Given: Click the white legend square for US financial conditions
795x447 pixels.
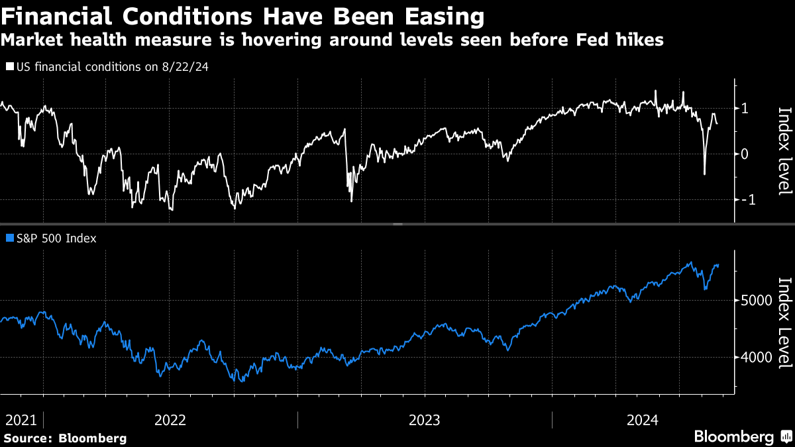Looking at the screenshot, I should click(x=9, y=67).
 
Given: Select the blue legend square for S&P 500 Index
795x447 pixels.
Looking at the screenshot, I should click(x=9, y=238).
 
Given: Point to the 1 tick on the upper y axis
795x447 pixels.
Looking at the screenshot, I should click(x=745, y=108).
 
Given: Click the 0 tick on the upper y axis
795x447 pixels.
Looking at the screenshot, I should click(x=745, y=154).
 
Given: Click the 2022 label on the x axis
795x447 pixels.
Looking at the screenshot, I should click(x=170, y=420).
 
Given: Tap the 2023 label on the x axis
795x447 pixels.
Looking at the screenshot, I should click(x=425, y=420).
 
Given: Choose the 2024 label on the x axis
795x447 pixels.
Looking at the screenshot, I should click(x=642, y=420).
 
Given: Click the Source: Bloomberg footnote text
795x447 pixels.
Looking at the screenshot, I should click(x=65, y=438).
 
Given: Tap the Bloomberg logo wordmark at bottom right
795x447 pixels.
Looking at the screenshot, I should click(x=733, y=437).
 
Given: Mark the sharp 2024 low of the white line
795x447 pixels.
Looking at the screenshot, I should click(x=704, y=174).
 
